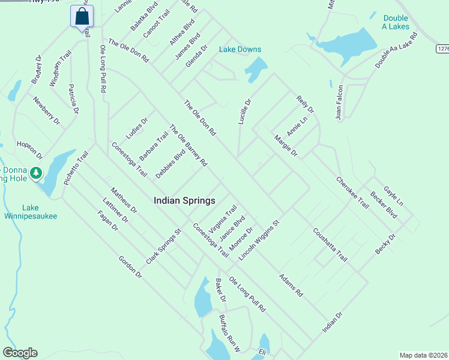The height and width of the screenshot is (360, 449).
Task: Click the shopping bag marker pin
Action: pyautogui.click(x=82, y=17)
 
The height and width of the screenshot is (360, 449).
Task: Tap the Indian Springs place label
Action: pyautogui.click(x=184, y=200)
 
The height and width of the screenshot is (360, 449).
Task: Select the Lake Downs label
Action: pyautogui.click(x=240, y=49)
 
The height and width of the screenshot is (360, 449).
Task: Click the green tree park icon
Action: pyautogui.click(x=36, y=173)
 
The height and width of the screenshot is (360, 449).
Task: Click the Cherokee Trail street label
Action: pyautogui.click(x=352, y=192)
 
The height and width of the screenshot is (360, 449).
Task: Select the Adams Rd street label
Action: pyautogui.click(x=291, y=286)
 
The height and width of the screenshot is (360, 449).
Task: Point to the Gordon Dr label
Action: pyautogui.click(x=130, y=268)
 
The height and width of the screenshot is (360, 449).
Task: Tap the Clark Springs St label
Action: pyautogui.click(x=163, y=247)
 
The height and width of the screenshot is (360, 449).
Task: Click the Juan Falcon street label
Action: pyautogui.click(x=340, y=103)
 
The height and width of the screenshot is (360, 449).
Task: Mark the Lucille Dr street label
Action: pyautogui.click(x=244, y=111)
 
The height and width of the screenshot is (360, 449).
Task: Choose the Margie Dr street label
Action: pyautogui.click(x=286, y=146)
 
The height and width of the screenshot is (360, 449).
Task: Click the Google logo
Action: pyautogui.click(x=20, y=353)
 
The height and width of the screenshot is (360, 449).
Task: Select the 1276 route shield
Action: pyautogui.click(x=443, y=49)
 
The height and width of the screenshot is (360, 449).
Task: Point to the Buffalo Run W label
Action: pyautogui.click(x=229, y=334)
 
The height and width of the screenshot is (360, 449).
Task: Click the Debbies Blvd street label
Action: pyautogui.click(x=170, y=163)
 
